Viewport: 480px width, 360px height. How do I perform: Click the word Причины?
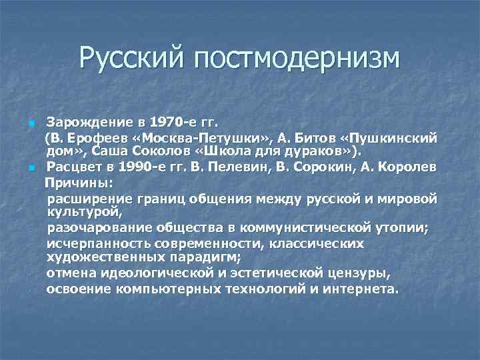(x=79, y=181)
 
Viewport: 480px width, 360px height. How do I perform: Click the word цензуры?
(x=359, y=273)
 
